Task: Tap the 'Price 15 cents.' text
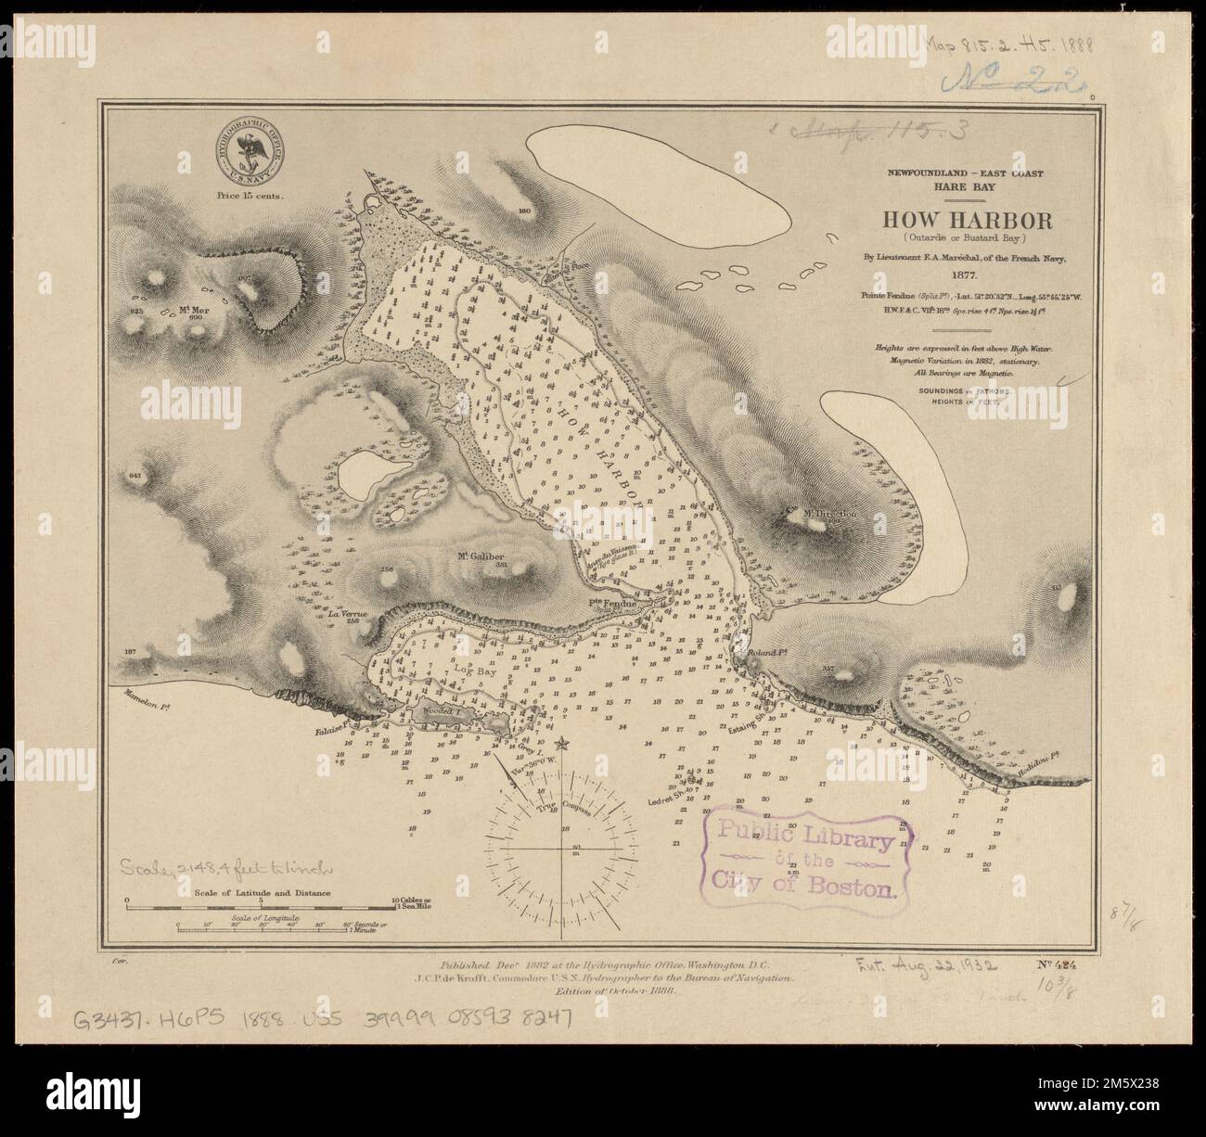(248, 196)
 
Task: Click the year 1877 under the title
(966, 275)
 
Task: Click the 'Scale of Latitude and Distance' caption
(263, 893)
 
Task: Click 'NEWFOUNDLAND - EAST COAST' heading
(965, 173)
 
